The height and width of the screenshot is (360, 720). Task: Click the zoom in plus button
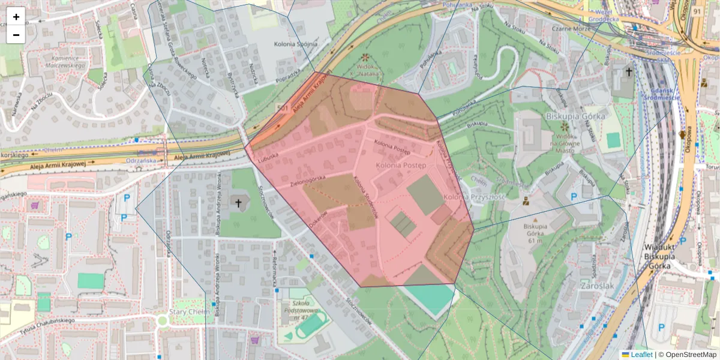16,17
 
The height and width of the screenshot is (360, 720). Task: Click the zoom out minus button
16,34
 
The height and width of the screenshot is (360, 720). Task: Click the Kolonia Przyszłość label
474,197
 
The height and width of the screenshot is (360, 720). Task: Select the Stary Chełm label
189,312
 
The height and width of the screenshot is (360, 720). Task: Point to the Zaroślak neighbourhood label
598,286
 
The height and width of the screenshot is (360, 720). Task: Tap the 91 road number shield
697,11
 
